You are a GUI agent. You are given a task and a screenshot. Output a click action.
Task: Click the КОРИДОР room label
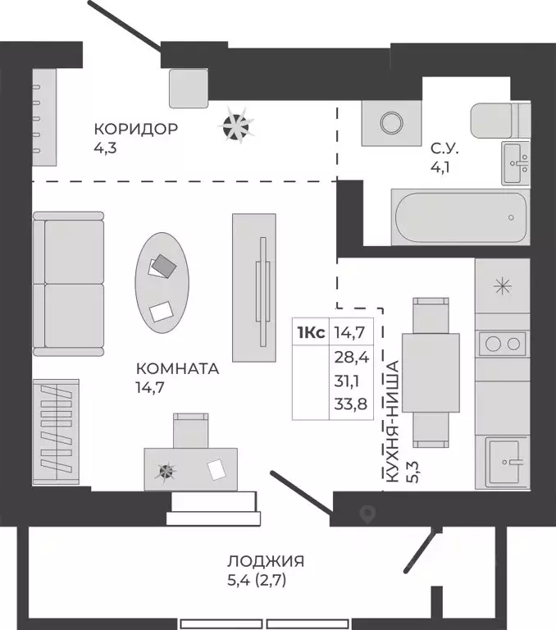click(x=136, y=129)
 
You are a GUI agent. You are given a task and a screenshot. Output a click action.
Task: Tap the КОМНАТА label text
click(x=178, y=368)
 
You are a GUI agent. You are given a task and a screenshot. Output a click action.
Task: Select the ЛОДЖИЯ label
click(x=266, y=561)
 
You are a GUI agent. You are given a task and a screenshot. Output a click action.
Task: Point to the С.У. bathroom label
click(x=444, y=148)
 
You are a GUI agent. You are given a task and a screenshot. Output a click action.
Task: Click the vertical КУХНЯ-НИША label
click(x=392, y=422)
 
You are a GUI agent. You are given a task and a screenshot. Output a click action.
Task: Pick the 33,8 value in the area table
click(x=351, y=404)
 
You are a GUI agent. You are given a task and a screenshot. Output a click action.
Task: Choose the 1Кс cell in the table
click(x=311, y=333)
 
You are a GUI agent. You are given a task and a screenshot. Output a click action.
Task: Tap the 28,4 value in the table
click(x=352, y=357)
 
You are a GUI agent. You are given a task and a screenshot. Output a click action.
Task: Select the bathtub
click(x=460, y=217)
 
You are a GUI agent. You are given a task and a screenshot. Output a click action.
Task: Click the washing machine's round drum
click(x=391, y=123)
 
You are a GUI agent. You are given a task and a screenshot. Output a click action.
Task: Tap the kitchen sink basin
click(x=505, y=462)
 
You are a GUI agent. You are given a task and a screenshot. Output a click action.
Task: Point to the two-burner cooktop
click(x=502, y=344)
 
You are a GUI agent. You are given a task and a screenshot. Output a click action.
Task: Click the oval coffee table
click(x=162, y=282)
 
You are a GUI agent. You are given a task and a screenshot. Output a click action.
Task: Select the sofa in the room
click(x=68, y=284)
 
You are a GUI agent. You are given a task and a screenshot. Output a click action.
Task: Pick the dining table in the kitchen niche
click(x=431, y=372)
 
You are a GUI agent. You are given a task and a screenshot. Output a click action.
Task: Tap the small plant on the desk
click(x=166, y=471)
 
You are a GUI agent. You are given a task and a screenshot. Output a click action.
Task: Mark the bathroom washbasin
click(x=516, y=163)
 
